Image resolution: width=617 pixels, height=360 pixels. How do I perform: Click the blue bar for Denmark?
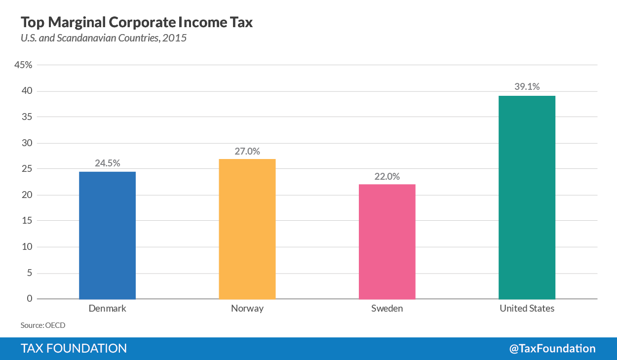click(107, 235)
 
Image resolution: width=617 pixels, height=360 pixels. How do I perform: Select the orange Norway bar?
click(247, 229)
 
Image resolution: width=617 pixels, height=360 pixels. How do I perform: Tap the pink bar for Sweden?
click(387, 241)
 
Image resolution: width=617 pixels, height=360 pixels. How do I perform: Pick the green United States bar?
click(527, 197)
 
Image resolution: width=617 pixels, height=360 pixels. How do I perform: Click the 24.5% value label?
click(107, 163)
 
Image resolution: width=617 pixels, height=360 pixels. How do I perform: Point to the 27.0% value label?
click(247, 151)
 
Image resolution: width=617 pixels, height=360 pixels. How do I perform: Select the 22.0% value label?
click(387, 176)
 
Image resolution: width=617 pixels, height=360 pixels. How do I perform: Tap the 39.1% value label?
click(527, 87)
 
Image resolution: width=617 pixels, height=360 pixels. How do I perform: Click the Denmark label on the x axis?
click(107, 309)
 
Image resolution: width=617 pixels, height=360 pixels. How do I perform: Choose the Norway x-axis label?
click(247, 309)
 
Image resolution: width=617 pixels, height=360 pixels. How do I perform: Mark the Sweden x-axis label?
click(387, 309)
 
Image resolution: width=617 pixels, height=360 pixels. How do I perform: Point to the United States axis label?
click(527, 309)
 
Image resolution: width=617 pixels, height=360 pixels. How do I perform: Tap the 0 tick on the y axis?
click(30, 299)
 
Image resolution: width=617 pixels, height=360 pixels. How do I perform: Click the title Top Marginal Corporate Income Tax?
click(136, 23)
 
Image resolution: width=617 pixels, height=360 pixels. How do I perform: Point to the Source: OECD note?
click(43, 325)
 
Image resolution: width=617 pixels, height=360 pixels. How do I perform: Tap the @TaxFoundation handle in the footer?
click(552, 349)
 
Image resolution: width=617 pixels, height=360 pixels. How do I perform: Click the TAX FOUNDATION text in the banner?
click(74, 349)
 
